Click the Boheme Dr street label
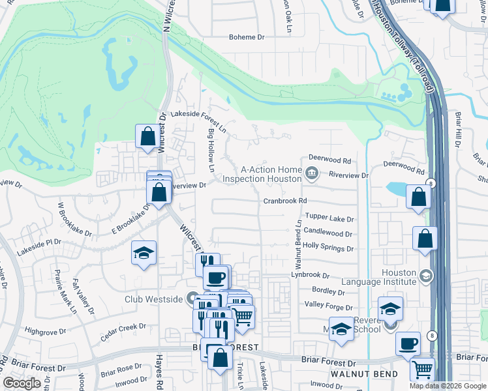coord(246,37)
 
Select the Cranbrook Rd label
coord(284,202)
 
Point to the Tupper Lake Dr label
coord(329,219)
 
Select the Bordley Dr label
coord(323,291)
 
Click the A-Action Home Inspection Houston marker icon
coord(311,173)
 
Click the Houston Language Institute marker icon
coord(426,276)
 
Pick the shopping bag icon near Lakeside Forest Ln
coord(147,137)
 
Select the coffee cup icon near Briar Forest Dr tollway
coord(408,343)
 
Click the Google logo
coord(22,383)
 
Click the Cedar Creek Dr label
coord(123,333)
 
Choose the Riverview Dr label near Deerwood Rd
coord(349,175)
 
